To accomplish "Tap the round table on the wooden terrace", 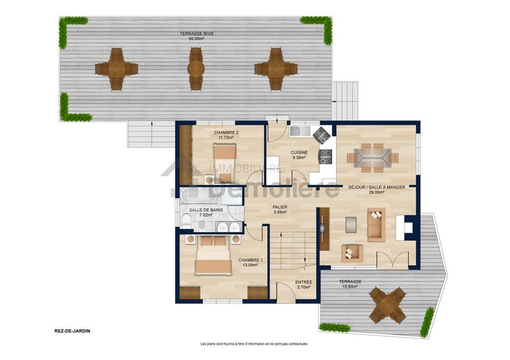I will (x=196, y=68).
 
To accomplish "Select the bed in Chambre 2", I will (x=223, y=155).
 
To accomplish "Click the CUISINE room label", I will (x=300, y=153).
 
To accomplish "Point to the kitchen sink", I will (x=299, y=132).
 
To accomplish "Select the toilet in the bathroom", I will (x=187, y=220).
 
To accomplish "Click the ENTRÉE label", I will (x=303, y=282).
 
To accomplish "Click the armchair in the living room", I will (x=351, y=253).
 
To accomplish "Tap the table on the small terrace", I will (x=388, y=305).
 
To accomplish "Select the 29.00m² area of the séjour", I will (x=375, y=192).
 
